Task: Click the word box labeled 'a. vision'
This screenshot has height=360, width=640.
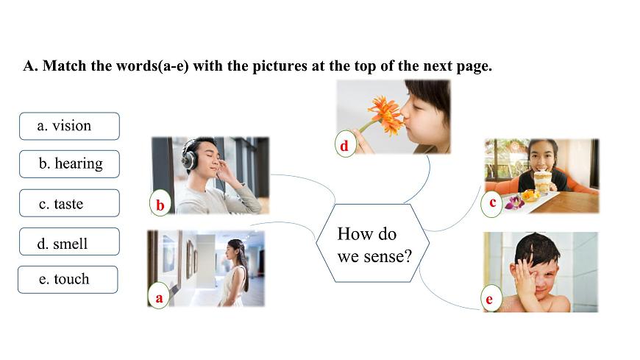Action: click(69, 127)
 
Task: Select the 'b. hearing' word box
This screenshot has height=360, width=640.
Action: click(69, 164)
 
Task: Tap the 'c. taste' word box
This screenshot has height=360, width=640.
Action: click(69, 203)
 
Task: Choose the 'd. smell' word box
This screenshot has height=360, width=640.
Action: click(69, 241)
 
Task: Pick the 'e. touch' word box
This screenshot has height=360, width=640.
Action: click(68, 280)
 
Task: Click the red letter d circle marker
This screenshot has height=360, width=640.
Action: click(345, 144)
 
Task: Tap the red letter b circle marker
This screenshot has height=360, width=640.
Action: click(160, 203)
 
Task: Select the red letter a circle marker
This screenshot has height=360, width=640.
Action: click(159, 296)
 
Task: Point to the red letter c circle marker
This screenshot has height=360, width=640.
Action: click(492, 203)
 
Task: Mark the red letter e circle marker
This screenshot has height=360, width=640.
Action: click(490, 298)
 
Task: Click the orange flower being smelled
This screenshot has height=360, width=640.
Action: click(385, 114)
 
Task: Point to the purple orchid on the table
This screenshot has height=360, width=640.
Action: click(515, 202)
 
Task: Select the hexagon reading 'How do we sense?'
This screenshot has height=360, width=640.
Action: click(373, 243)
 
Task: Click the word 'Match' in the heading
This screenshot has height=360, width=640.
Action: click(65, 66)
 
